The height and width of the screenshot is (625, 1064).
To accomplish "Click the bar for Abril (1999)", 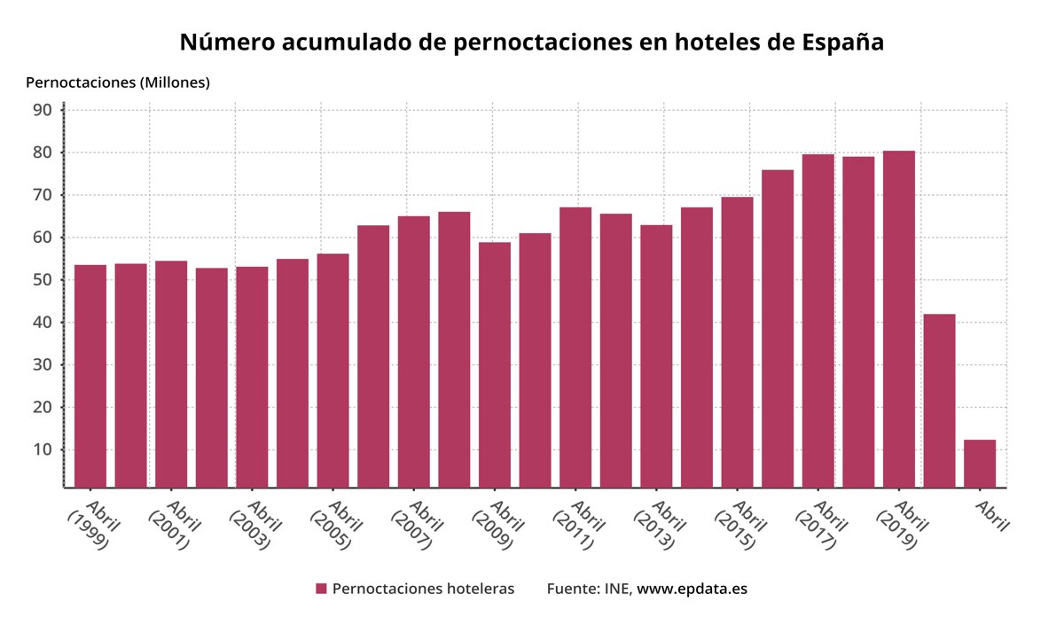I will [90, 376].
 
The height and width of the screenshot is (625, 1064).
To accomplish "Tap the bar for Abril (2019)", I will [899, 319].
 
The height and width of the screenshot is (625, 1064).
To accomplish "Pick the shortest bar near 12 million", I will [980, 463].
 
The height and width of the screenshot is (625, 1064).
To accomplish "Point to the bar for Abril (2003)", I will [252, 377].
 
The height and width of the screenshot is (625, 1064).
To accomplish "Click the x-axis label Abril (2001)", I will [173, 525].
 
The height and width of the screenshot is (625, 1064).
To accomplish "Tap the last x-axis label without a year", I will [991, 516].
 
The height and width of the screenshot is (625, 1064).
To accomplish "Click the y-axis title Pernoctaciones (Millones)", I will [118, 82].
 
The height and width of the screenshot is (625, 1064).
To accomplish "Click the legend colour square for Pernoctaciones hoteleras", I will [321, 589].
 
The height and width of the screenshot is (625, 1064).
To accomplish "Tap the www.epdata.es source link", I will [692, 589].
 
